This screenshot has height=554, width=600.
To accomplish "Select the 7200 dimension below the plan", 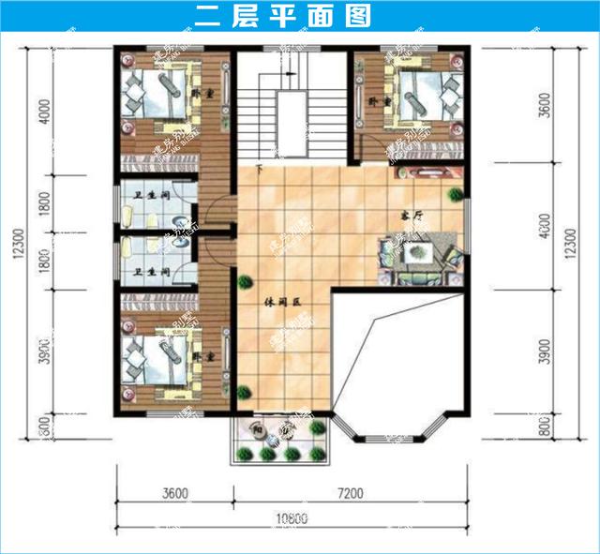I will coord(350,492).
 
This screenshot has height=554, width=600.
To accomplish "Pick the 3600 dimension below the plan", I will coord(174,492).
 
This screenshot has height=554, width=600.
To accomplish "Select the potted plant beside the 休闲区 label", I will coord(245,280).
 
